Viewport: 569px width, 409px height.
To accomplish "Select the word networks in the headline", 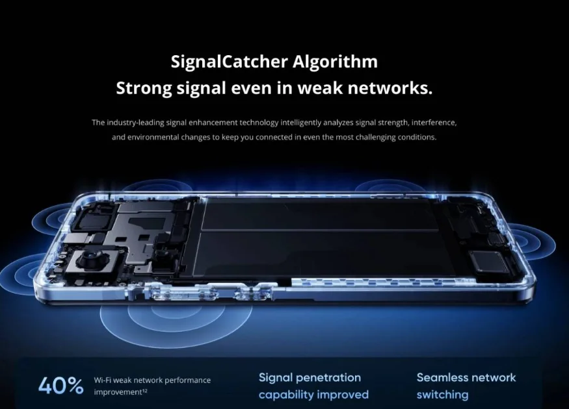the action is click(390, 88).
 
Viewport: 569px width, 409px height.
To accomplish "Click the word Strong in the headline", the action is click(144, 89).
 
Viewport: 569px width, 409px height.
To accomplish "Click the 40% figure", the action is click(61, 386).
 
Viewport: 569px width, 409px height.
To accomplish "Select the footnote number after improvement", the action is click(144, 390).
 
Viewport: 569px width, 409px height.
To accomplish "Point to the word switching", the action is click(442, 395).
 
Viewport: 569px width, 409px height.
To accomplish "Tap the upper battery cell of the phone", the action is click(319, 215).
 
